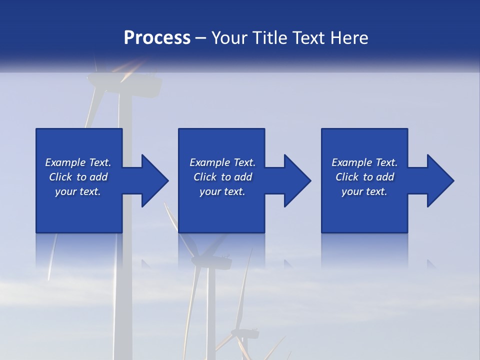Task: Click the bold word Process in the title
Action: pyautogui.click(x=157, y=38)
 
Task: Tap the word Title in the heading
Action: pyautogui.click(x=268, y=38)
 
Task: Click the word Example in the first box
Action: pyautogui.click(x=65, y=162)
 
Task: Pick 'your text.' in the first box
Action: pyautogui.click(x=78, y=191)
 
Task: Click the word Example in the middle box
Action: pyautogui.click(x=209, y=162)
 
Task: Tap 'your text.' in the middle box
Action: pyautogui.click(x=222, y=191)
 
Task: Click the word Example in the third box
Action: pyautogui.click(x=351, y=162)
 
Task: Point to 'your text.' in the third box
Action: pyautogui.click(x=364, y=191)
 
